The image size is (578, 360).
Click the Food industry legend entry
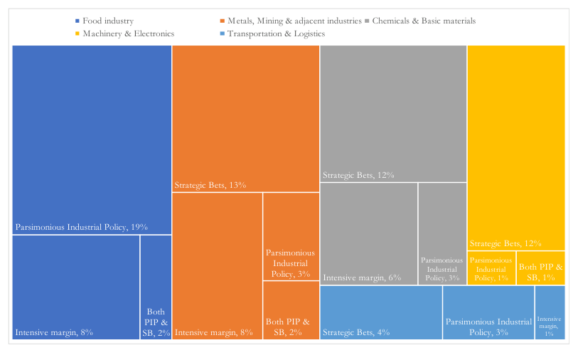pyautogui.click(x=105, y=21)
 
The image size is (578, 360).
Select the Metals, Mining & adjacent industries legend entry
pyautogui.click(x=291, y=21)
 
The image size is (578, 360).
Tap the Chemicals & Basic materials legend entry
pyautogui.click(x=420, y=21)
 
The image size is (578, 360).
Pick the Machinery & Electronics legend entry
pyautogui.click(x=124, y=34)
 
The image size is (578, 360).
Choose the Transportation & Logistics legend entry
pyautogui.click(x=272, y=34)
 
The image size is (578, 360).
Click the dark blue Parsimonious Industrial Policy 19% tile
pyautogui.click(x=92, y=139)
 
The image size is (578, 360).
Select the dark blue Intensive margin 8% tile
pyautogui.click(x=76, y=287)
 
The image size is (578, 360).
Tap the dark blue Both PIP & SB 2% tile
pyautogui.click(x=156, y=287)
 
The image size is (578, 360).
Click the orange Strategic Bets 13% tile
pyautogui.click(x=245, y=119)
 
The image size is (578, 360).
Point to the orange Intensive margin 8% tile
pyautogui.click(x=217, y=266)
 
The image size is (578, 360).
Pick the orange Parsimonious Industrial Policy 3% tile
pyautogui.click(x=291, y=236)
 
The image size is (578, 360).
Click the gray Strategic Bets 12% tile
pyautogui.click(x=393, y=114)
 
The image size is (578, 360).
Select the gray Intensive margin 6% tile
pyautogui.click(x=368, y=234)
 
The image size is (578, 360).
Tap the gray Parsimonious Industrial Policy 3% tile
pyautogui.click(x=442, y=234)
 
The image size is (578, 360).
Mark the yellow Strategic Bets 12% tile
pyautogui.click(x=516, y=148)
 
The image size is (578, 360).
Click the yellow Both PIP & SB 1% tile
pyautogui.click(x=541, y=268)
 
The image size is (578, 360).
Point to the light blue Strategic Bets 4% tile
pyautogui.click(x=381, y=313)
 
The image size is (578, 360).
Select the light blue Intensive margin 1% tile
pyautogui.click(x=550, y=313)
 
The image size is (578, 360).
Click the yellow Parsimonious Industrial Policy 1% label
pyautogui.click(x=491, y=269)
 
